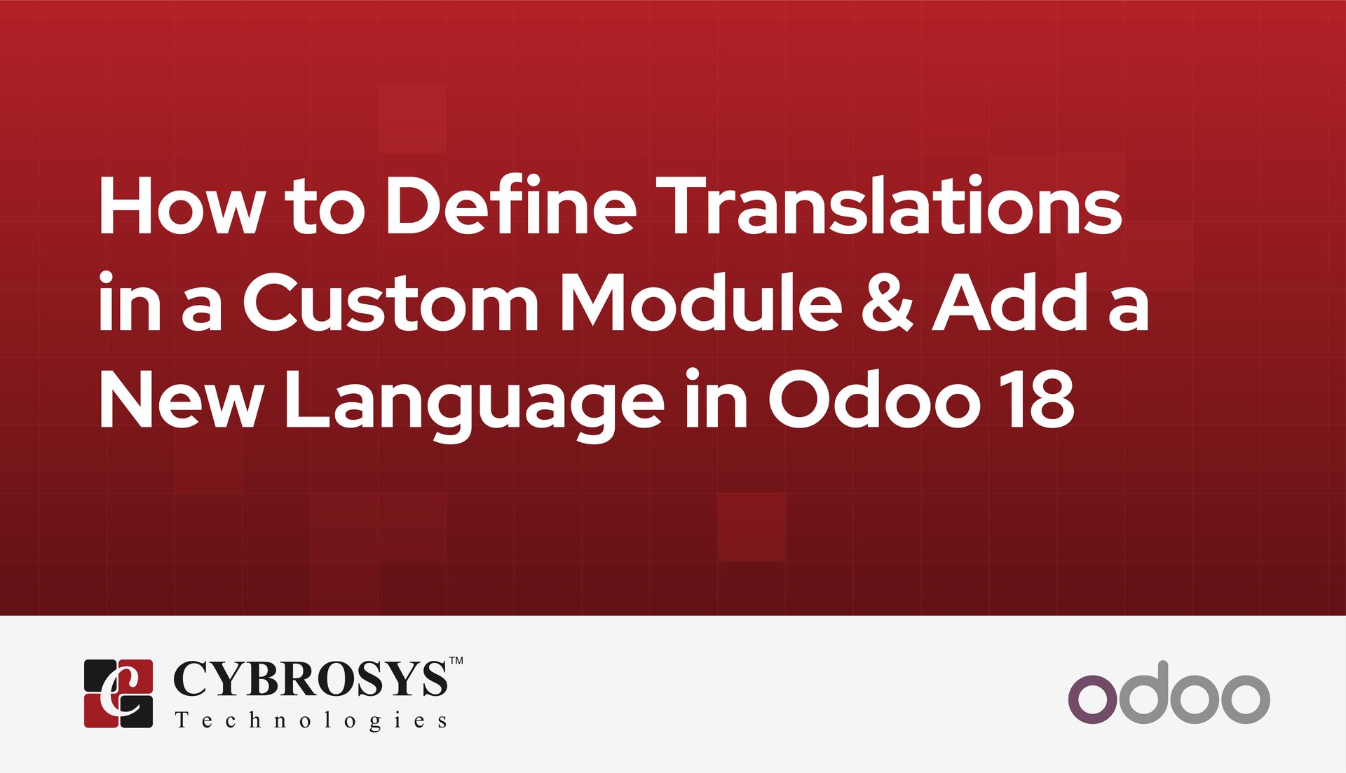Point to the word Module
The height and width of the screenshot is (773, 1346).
pos(701,303)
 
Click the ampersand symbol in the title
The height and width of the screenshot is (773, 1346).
pos(888,303)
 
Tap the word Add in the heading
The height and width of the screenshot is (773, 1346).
pos(1009,303)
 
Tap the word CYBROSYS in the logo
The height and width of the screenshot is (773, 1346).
pos(310,679)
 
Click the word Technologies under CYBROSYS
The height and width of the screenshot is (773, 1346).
pos(311,721)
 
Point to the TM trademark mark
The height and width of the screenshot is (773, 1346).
pos(456,661)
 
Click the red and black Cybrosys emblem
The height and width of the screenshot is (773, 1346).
pos(118,693)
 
